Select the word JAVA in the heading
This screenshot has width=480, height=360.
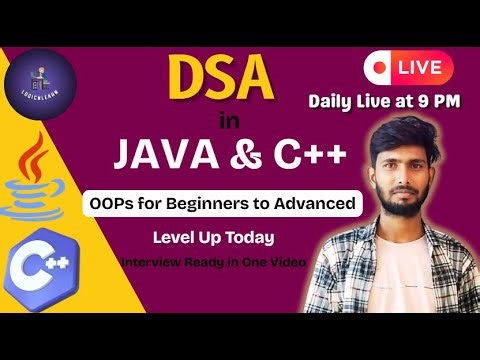pos(162,156)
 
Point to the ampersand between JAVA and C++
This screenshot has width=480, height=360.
pos(238,156)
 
